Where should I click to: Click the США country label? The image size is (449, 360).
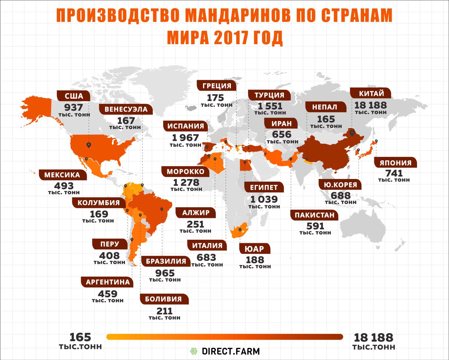point(74,96)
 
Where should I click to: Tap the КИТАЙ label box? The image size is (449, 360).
point(371,94)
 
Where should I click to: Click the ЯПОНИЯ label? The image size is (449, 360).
point(395,162)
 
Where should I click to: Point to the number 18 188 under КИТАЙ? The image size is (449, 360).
point(370,105)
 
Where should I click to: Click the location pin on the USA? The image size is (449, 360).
point(89,145)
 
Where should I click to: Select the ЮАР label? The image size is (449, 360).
point(254,249)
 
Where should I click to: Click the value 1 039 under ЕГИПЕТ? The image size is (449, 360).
point(264,199)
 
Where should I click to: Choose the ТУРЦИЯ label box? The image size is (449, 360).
point(269,95)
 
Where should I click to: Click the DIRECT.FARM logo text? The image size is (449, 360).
point(230,351)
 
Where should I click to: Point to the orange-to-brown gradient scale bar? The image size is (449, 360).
point(225,337)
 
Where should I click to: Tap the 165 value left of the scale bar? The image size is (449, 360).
point(80,337)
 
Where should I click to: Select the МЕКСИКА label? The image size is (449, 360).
point(62,175)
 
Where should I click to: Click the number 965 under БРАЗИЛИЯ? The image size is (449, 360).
point(165,273)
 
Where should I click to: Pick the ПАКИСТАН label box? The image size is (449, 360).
point(314,215)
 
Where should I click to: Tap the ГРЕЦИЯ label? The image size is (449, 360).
point(217,86)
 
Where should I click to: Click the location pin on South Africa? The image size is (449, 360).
point(240,230)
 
